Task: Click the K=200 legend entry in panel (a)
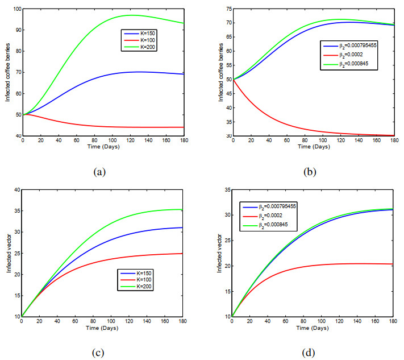[x=139, y=47]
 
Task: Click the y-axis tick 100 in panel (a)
[x=15, y=10]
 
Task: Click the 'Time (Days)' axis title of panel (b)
[x=312, y=147]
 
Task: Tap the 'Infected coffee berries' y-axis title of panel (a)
[x=7, y=73]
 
